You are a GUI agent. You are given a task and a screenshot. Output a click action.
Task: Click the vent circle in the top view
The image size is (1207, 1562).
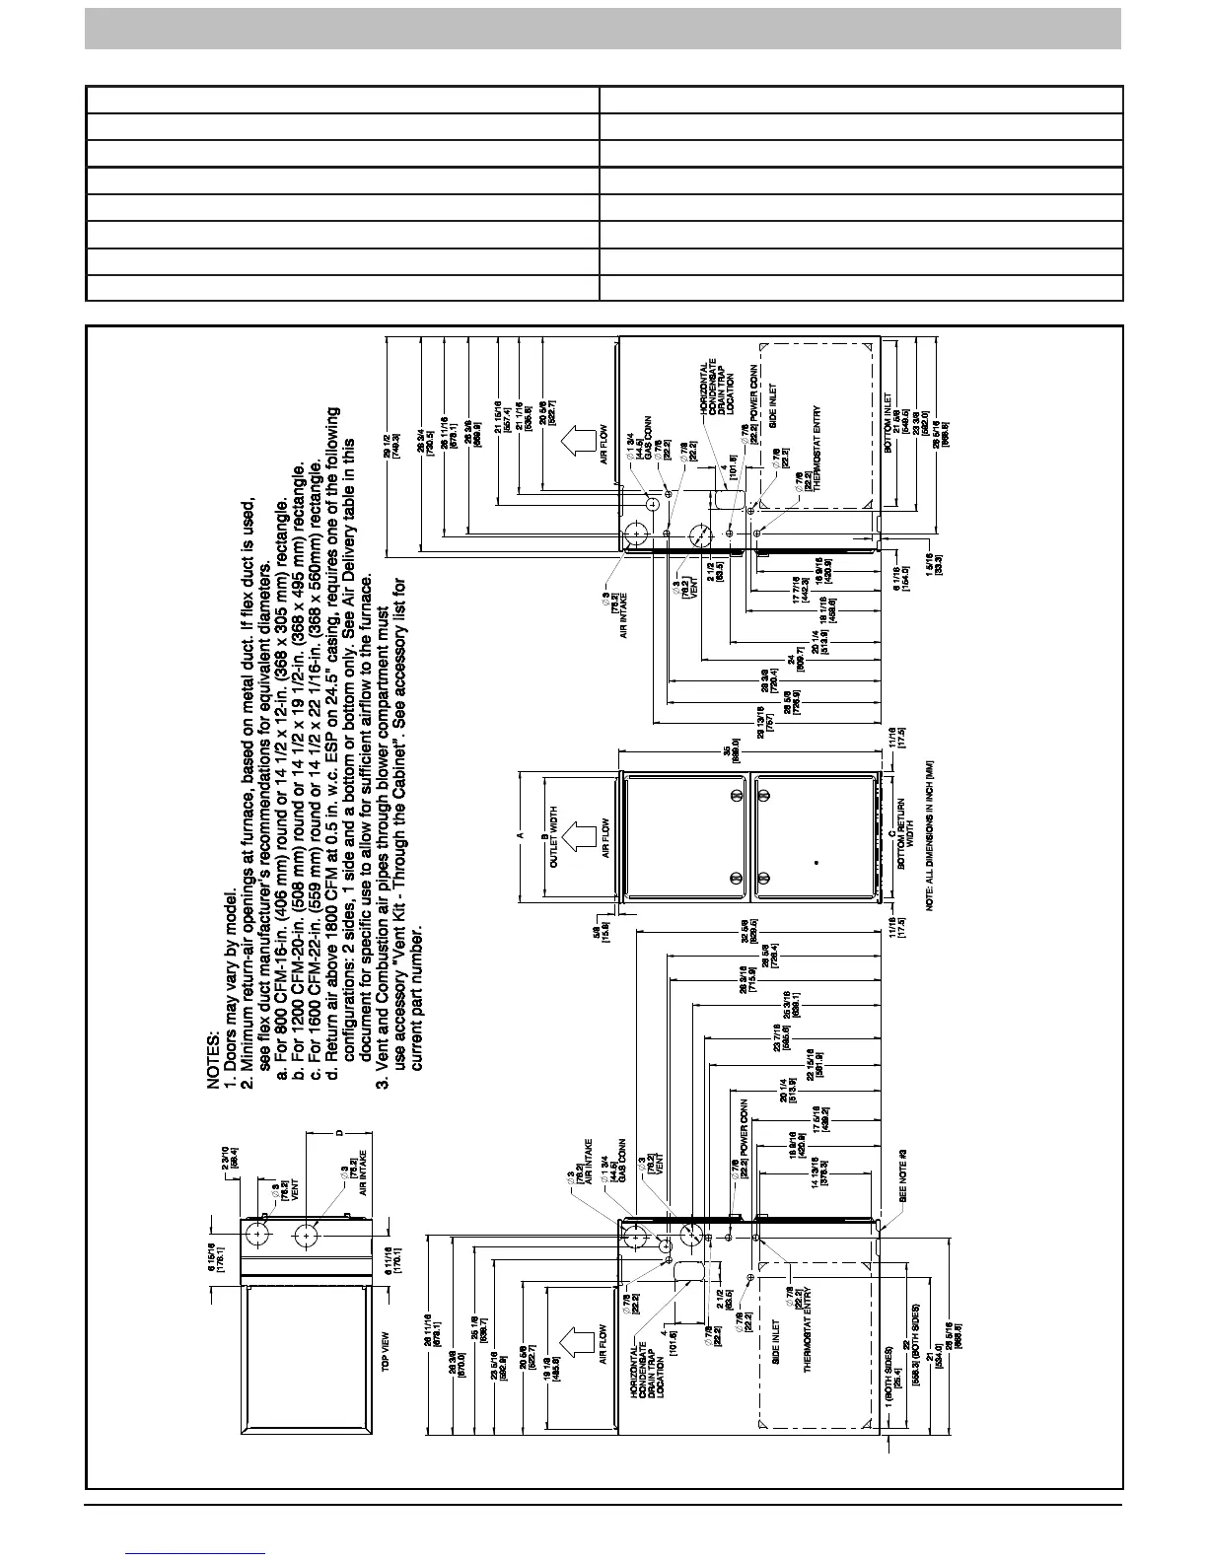[x=257, y=1234]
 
